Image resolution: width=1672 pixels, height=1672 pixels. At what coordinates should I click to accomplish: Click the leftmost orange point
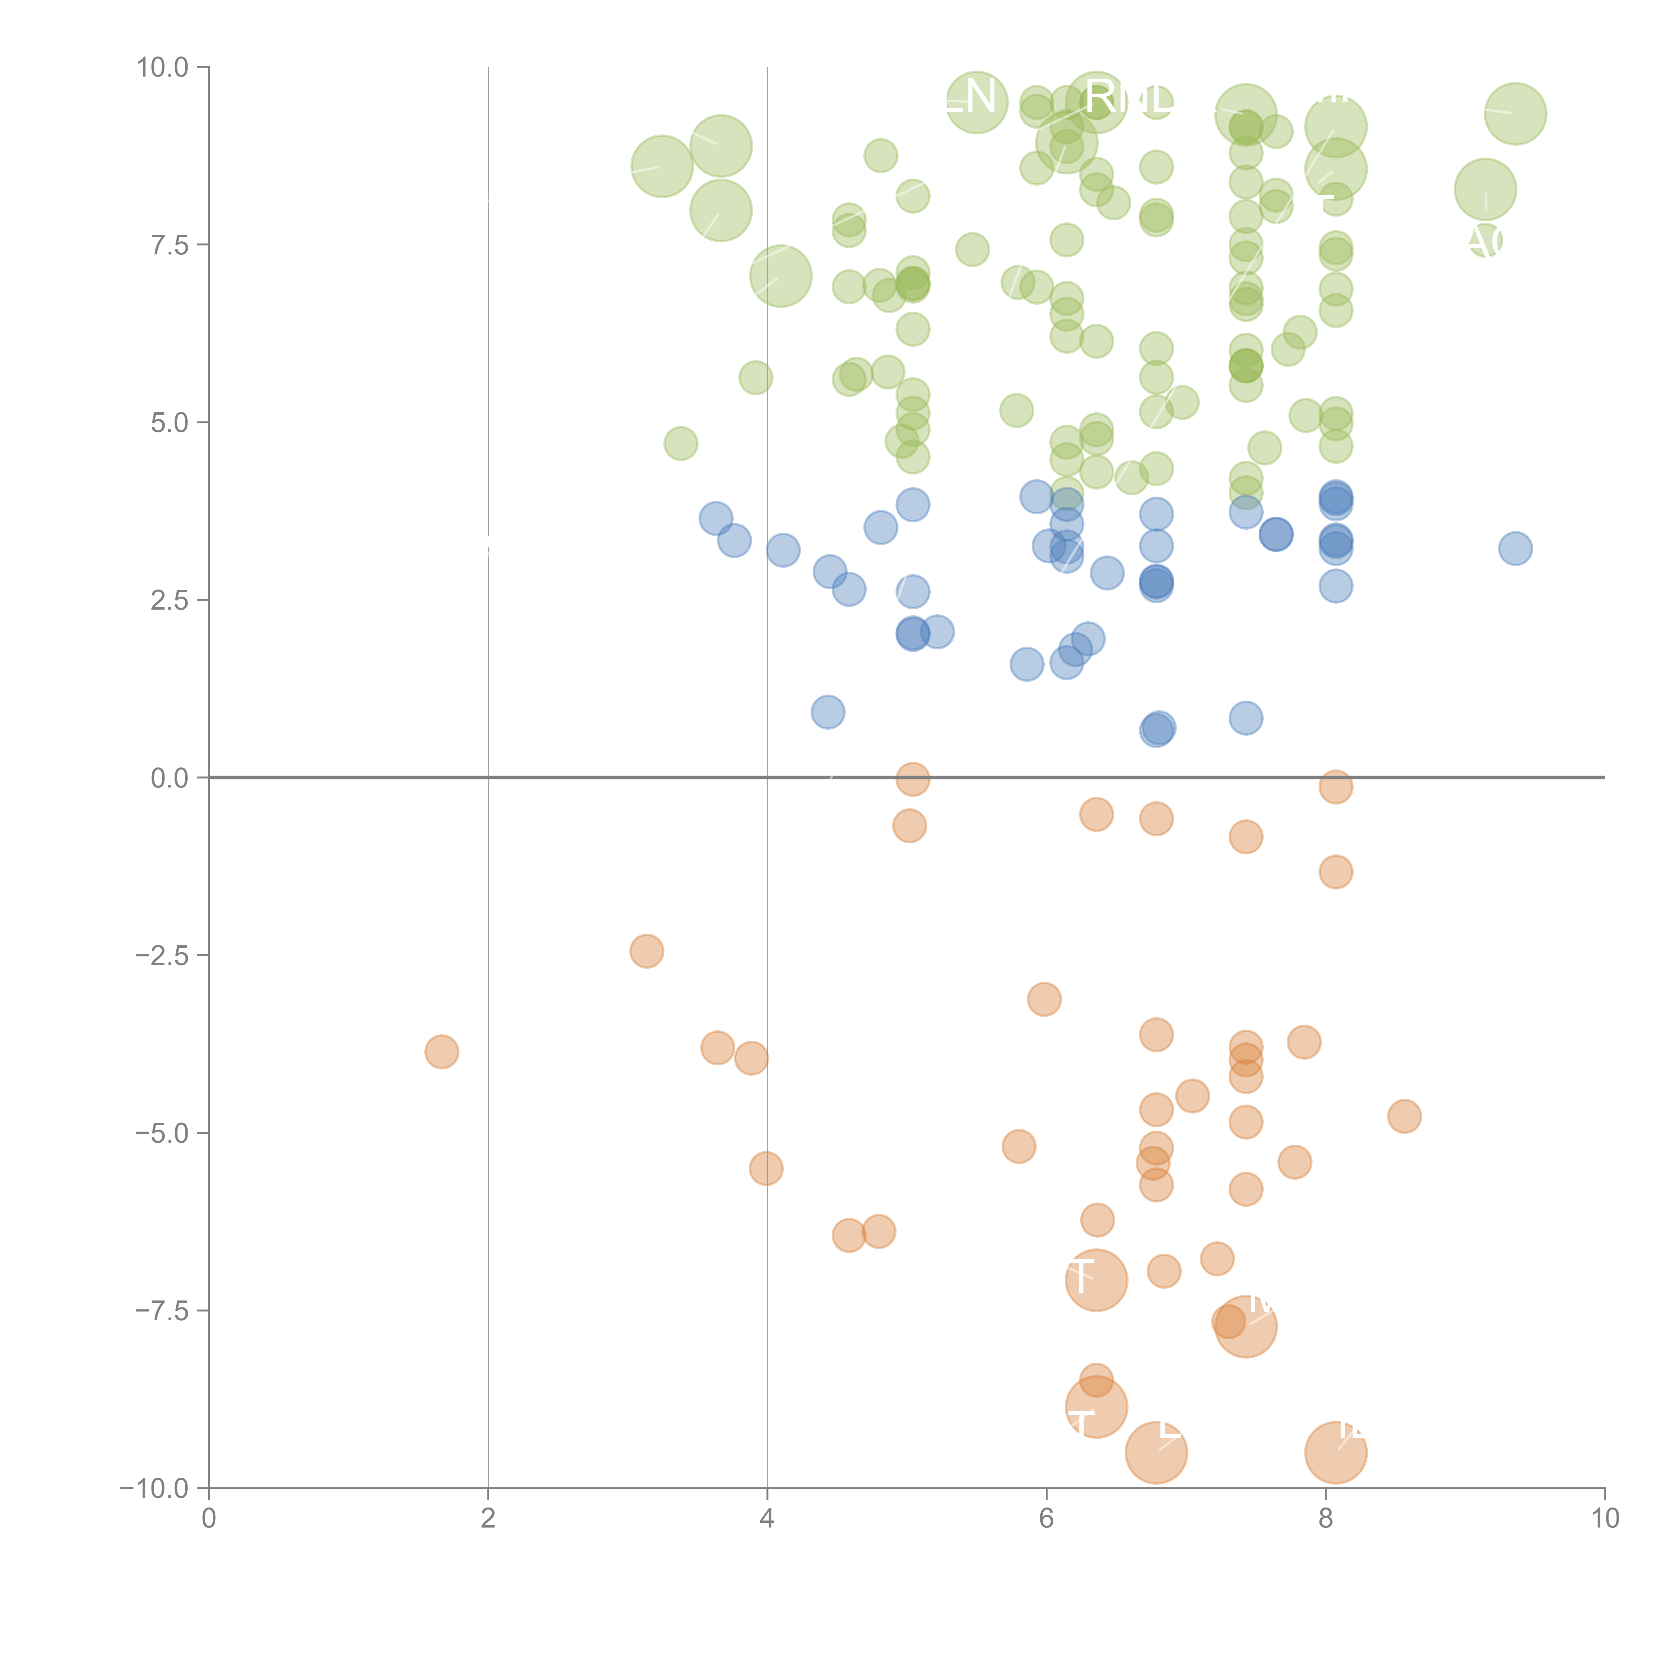point(441,1051)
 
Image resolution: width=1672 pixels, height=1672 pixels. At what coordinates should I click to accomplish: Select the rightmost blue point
point(1514,548)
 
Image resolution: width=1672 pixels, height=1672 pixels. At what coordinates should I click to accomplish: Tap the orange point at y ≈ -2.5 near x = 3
point(646,951)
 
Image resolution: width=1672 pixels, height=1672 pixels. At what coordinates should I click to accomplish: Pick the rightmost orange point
point(1404,1116)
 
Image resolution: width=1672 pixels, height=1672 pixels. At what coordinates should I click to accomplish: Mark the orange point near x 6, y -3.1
point(1045,999)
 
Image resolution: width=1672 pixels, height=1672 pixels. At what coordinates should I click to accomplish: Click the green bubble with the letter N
point(976,102)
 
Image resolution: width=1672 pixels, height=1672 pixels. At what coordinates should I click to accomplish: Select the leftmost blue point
point(716,518)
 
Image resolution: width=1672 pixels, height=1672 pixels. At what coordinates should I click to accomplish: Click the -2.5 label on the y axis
point(162,955)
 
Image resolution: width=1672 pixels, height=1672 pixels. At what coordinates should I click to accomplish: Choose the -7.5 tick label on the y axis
point(162,1310)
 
